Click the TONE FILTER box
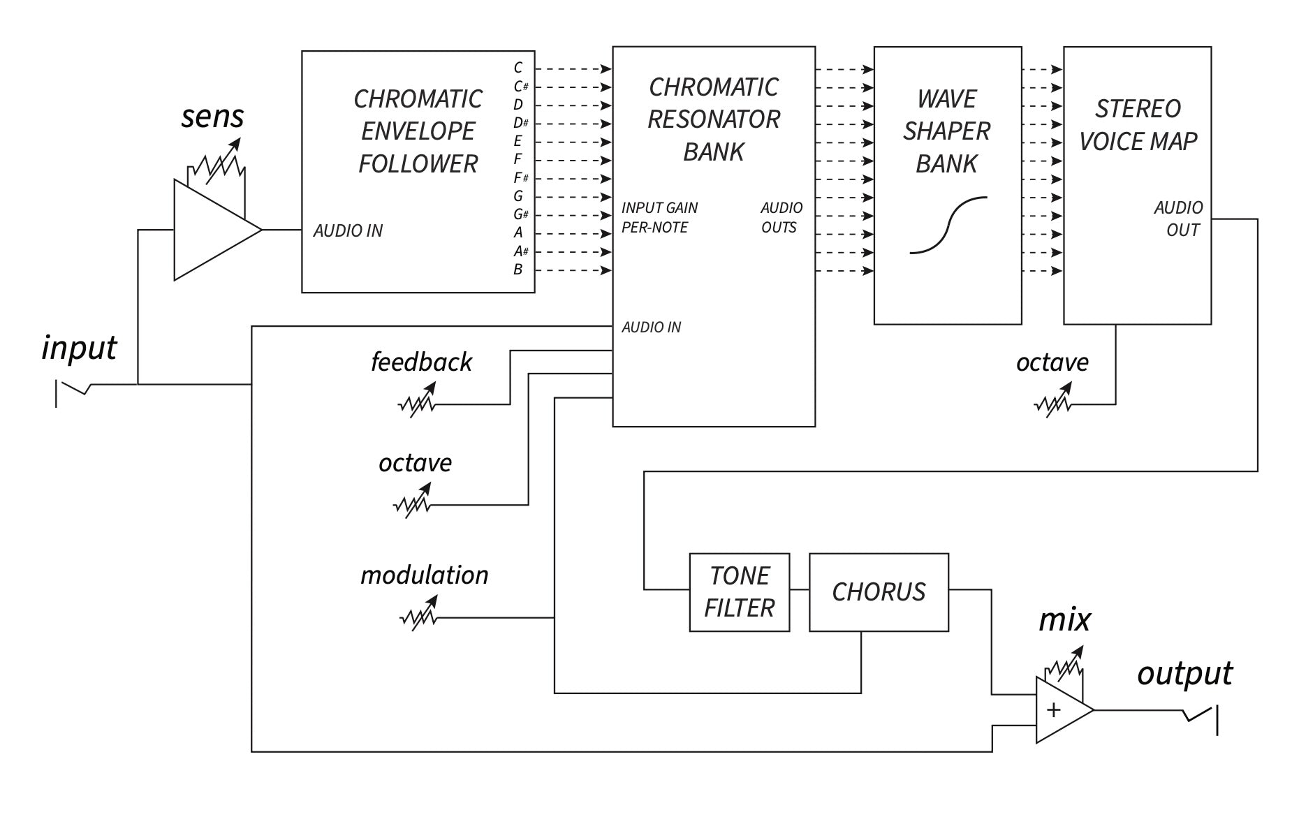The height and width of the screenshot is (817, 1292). click(x=739, y=592)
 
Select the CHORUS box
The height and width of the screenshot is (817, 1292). click(x=878, y=592)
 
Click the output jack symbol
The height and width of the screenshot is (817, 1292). click(x=1202, y=717)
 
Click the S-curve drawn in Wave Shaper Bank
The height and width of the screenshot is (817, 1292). click(x=948, y=225)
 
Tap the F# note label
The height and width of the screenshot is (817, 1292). click(x=520, y=178)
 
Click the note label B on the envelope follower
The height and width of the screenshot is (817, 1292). click(x=517, y=270)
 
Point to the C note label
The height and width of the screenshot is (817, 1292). click(x=517, y=68)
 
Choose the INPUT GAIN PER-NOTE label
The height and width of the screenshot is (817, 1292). click(x=659, y=217)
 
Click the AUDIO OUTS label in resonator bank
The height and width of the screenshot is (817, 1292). click(x=781, y=217)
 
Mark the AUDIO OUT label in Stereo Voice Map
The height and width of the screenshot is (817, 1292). click(x=1178, y=219)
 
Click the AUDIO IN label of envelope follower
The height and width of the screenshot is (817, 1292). click(x=347, y=230)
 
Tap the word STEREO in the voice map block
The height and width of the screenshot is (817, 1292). click(x=1137, y=109)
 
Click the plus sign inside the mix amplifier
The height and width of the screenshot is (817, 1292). click(x=1053, y=710)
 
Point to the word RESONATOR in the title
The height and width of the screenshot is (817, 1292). click(x=713, y=119)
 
